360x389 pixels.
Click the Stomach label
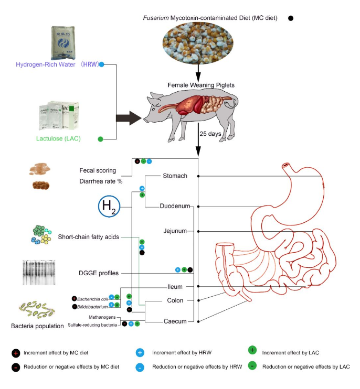click(x=175, y=176)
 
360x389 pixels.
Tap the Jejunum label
click(x=175, y=231)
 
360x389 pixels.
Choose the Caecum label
click(x=174, y=321)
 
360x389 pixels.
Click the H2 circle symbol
click(x=110, y=206)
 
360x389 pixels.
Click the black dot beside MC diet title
click(x=291, y=18)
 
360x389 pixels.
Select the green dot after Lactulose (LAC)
click(x=100, y=139)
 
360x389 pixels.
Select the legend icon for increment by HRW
click(x=140, y=353)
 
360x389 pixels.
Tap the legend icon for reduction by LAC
click(x=252, y=366)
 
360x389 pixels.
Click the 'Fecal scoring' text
click(x=98, y=170)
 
